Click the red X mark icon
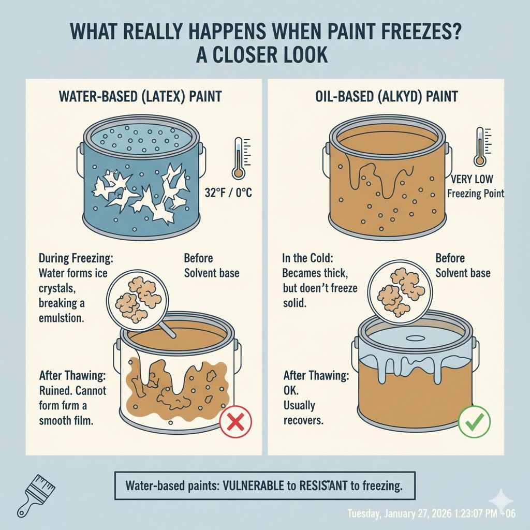pyautogui.click(x=236, y=422)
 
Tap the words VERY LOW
pyautogui.click(x=472, y=179)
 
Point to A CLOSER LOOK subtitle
pyautogui.click(x=262, y=54)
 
